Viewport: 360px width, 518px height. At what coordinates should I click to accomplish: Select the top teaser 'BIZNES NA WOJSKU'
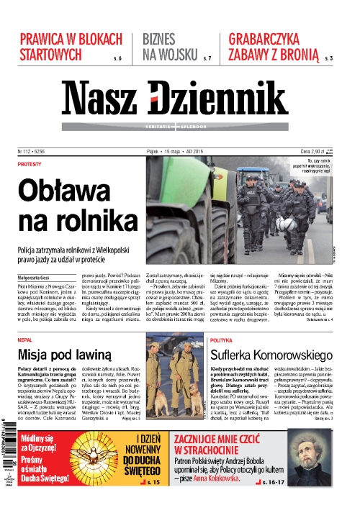167,47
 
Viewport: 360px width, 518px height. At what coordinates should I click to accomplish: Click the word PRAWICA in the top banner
50,40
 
